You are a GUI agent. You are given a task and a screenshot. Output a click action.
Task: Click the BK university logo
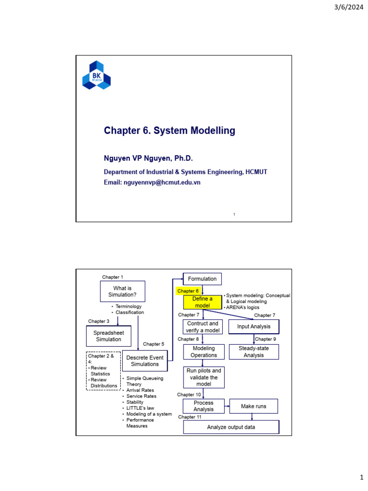(96, 75)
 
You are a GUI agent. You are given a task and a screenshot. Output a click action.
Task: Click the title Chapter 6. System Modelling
(170, 130)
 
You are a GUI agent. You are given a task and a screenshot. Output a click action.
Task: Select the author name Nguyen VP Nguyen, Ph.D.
(148, 158)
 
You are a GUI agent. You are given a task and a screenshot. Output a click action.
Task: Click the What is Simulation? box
(122, 292)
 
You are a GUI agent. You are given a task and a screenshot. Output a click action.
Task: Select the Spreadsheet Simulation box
(108, 336)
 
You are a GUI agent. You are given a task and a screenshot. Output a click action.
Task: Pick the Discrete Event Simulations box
(145, 361)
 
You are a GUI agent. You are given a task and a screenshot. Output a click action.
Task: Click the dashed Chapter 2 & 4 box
(103, 371)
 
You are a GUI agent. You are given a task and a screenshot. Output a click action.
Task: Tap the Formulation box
(202, 279)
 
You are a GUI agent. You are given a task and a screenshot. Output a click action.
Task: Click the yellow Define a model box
(202, 302)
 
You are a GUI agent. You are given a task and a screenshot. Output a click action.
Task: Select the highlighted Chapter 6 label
(188, 291)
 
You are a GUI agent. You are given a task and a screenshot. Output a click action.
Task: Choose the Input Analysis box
(253, 327)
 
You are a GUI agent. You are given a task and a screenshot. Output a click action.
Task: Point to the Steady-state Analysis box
(253, 352)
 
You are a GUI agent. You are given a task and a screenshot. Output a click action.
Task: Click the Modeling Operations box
(204, 352)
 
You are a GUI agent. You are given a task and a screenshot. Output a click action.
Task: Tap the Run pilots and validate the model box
(204, 377)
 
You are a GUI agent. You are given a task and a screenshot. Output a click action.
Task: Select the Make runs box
(253, 406)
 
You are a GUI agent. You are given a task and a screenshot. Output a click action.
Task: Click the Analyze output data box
(230, 427)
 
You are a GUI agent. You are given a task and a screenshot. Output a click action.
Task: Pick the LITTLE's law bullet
(140, 408)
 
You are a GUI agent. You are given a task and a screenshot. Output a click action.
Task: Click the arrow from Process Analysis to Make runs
(227, 406)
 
